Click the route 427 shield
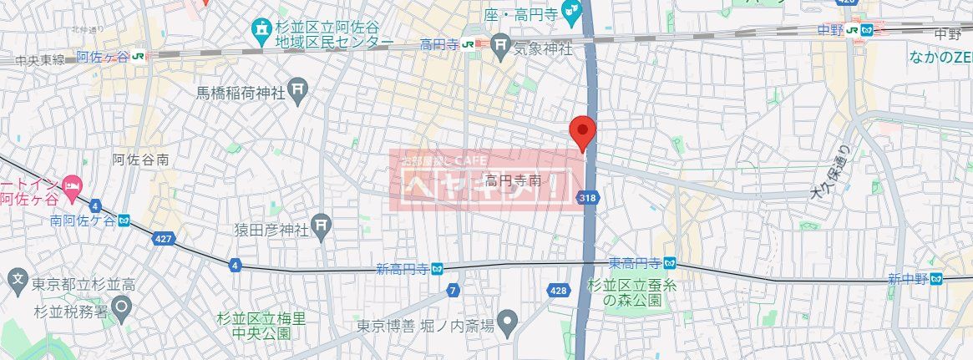tap(165, 239)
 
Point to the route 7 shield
tap(453, 290)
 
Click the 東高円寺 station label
tap(641, 263)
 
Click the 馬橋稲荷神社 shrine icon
tap(299, 90)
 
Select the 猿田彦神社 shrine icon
tap(322, 227)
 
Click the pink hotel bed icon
tap(73, 185)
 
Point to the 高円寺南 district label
tap(513, 180)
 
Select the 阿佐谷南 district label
tap(140, 159)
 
